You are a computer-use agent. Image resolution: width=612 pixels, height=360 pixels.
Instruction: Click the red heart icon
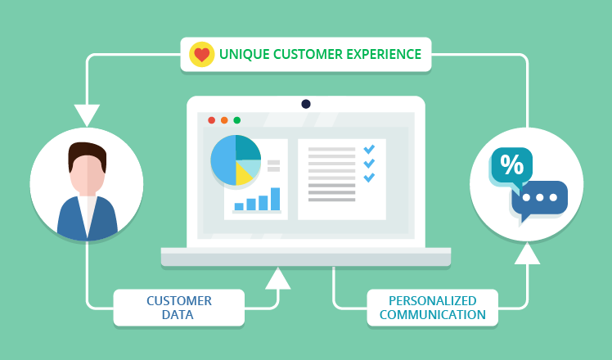pyautogui.click(x=202, y=55)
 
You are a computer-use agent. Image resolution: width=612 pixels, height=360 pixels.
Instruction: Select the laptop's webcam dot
pyautogui.click(x=306, y=104)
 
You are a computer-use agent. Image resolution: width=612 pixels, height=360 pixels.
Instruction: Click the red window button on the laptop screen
pyautogui.click(x=212, y=120)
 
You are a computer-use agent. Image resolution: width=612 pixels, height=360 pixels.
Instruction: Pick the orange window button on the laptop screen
pyautogui.click(x=224, y=120)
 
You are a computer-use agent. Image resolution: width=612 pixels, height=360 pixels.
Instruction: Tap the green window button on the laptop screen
pyautogui.click(x=237, y=120)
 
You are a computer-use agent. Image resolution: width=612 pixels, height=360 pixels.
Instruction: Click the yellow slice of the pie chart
pyautogui.click(x=243, y=175)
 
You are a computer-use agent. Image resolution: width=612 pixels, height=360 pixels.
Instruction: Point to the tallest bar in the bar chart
pyautogui.click(x=275, y=199)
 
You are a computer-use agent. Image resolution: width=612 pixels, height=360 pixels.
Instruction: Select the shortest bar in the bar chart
pyautogui.click(x=239, y=206)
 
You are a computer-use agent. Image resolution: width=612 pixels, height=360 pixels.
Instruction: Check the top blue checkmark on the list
pyautogui.click(x=369, y=149)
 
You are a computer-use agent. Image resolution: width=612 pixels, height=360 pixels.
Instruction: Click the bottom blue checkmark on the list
pyautogui.click(x=369, y=178)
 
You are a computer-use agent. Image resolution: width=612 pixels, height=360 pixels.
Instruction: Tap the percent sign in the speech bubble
pyautogui.click(x=511, y=164)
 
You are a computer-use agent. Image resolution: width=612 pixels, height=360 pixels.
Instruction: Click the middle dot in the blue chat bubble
pyautogui.click(x=540, y=197)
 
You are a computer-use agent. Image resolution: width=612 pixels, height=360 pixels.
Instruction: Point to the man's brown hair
pyautogui.click(x=87, y=155)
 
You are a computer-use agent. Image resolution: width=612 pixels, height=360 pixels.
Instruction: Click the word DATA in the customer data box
pyautogui.click(x=178, y=315)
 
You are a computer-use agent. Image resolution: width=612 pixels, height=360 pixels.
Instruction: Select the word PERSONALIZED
pyautogui.click(x=433, y=300)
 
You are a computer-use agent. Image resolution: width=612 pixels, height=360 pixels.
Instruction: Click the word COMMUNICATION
pyautogui.click(x=433, y=315)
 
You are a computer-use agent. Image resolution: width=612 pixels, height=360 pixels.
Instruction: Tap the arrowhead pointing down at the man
pyautogui.click(x=87, y=115)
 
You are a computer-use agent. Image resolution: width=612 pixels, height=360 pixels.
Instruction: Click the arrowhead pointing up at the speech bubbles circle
pyautogui.click(x=527, y=254)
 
